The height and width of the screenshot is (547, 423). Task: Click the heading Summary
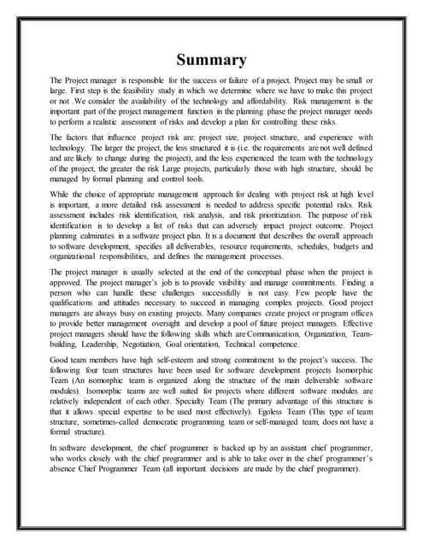211,60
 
